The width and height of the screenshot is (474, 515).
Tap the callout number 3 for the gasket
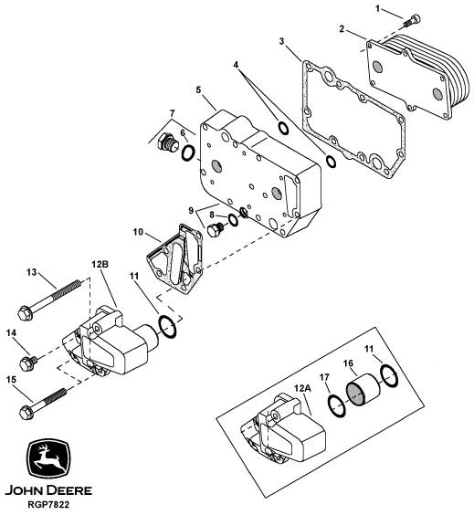point(281,41)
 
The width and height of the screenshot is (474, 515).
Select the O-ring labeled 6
point(188,153)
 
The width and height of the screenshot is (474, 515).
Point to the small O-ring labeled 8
point(233,220)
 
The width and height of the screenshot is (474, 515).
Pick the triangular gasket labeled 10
point(174,258)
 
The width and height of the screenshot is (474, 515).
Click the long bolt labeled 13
point(49,300)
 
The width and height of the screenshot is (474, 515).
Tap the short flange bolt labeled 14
point(28,363)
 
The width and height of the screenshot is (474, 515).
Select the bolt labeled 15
point(43,404)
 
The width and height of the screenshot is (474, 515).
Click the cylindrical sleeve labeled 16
point(363,390)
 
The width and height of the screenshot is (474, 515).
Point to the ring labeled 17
point(337,405)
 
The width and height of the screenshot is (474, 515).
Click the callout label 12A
point(302,388)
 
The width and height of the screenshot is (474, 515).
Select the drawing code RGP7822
point(48,504)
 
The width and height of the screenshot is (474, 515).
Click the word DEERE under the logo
point(69,490)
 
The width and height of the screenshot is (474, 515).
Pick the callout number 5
point(198,89)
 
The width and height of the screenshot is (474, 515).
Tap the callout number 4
point(236,65)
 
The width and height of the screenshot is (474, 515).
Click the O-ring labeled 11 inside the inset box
point(389,375)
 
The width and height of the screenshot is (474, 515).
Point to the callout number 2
point(342,29)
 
